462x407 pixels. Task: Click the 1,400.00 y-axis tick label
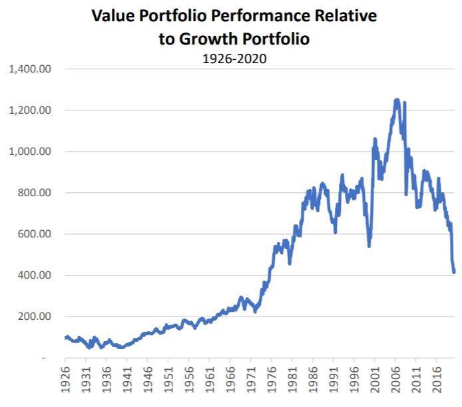tap(31, 69)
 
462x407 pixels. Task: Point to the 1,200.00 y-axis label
tap(31, 110)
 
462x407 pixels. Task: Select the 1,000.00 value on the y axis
tap(31, 152)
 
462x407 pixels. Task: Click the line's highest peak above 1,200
tap(397, 100)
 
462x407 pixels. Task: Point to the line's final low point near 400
tap(454, 271)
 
